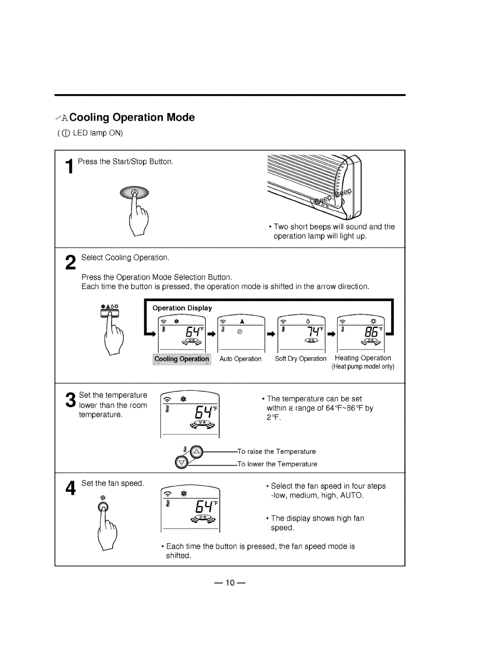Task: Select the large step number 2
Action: [x=71, y=263]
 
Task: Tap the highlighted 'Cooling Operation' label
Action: [x=181, y=359]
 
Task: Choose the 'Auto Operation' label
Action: [x=240, y=359]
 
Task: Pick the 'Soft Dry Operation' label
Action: [x=300, y=359]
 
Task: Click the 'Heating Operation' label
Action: [x=363, y=358]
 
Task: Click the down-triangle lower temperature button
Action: [x=181, y=462]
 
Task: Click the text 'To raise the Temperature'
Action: [x=277, y=452]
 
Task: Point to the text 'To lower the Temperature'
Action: [x=278, y=464]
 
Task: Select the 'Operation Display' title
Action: [x=182, y=308]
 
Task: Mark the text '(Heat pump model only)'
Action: [x=363, y=367]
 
